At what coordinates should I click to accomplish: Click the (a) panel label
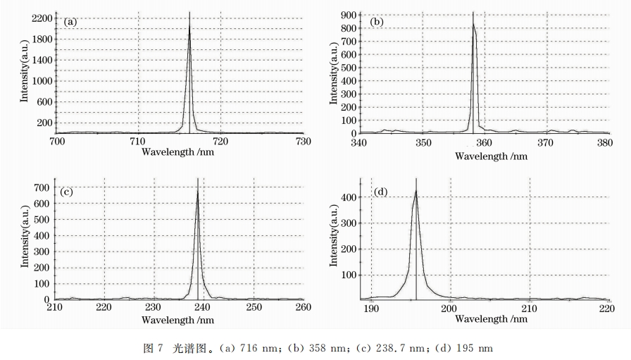tap(70, 22)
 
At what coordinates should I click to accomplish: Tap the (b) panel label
tap(377, 22)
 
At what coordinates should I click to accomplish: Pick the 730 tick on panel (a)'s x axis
tap(303, 141)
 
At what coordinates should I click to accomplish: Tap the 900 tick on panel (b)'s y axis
tap(347, 15)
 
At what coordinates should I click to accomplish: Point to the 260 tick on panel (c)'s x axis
tap(303, 308)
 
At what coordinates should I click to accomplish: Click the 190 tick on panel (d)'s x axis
tap(371, 308)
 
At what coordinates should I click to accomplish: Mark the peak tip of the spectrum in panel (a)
tap(189, 25)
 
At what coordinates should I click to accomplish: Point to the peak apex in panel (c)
tap(198, 192)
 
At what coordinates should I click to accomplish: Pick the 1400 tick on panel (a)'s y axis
tap(42, 60)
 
